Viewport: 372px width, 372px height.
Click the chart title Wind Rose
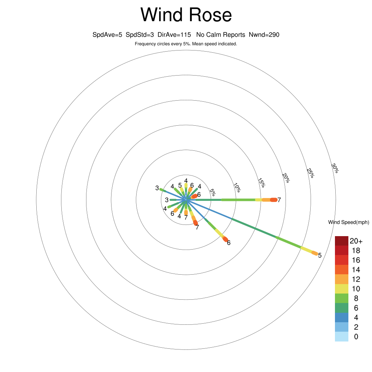coord(186,15)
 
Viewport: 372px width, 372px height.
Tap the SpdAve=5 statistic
coord(107,35)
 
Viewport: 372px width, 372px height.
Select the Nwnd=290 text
coord(264,35)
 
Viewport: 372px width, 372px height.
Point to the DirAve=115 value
coord(174,35)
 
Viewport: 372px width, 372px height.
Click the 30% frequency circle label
coord(335,168)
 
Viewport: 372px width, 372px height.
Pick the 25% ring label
coord(310,173)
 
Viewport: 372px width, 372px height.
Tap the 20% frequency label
coord(286,178)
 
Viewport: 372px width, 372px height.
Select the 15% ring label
coord(262,183)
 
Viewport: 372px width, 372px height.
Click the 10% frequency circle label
coord(237,187)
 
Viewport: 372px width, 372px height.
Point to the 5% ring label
coord(213,193)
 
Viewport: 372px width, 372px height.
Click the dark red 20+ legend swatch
coord(341,241)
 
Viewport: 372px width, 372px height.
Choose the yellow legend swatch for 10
coord(341,289)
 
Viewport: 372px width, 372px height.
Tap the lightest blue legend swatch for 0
coord(341,337)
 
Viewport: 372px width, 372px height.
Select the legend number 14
coord(356,270)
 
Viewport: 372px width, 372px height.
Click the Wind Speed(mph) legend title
coord(348,222)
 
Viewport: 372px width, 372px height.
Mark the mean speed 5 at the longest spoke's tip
coord(320,255)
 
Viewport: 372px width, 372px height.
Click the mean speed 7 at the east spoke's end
coord(279,200)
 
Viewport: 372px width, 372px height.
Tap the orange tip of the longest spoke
coord(315,253)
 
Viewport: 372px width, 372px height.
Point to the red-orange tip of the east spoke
coord(274,200)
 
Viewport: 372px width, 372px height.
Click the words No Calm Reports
coord(221,35)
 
